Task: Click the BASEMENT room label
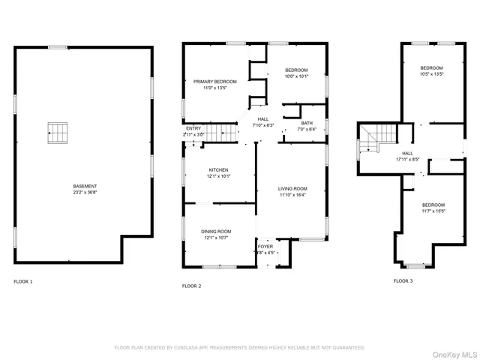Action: [x=85, y=186]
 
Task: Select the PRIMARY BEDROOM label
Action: [x=215, y=81]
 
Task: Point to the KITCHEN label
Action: [x=218, y=169]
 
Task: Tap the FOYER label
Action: [x=265, y=246]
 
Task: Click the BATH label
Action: [x=307, y=123]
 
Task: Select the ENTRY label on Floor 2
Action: [x=193, y=128]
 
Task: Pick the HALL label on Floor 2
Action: [x=263, y=118]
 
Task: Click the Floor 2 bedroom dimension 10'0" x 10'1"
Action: [x=296, y=76]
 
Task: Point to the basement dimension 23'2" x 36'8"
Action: [x=85, y=192]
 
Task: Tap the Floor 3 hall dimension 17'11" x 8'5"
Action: [x=408, y=159]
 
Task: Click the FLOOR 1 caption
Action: [x=23, y=281]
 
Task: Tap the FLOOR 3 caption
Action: [x=403, y=280]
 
